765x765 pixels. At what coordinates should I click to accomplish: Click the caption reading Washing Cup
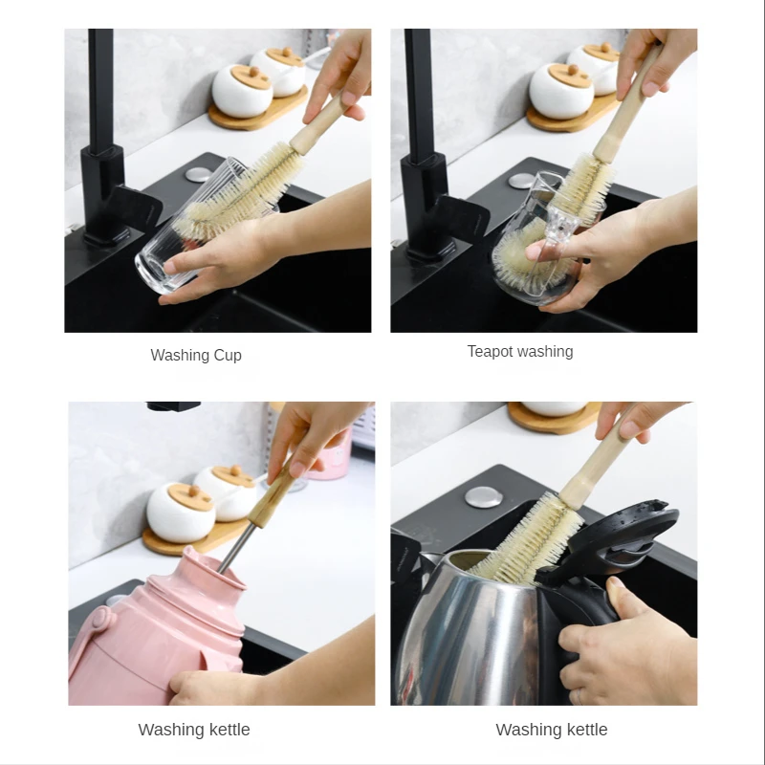tap(196, 355)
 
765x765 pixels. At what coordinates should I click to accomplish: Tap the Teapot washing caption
tap(520, 351)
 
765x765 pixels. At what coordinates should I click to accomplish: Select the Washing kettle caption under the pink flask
tap(194, 730)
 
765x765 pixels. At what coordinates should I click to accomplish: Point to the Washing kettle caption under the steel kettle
tap(552, 730)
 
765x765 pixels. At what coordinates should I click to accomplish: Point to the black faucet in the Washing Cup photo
tap(100, 143)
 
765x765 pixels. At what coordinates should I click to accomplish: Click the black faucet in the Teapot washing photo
tap(418, 143)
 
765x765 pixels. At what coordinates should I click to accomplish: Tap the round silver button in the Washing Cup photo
tap(198, 174)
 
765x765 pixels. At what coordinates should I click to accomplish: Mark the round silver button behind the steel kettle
tap(480, 496)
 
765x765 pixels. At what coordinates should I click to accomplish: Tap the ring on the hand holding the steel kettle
tap(578, 695)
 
